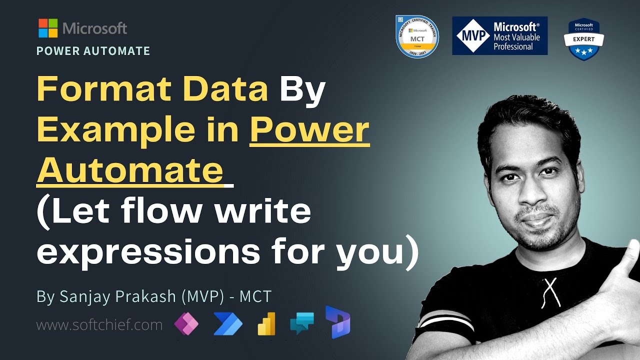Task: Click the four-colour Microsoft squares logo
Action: pyautogui.click(x=48, y=28)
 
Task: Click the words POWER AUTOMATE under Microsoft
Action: pyautogui.click(x=93, y=51)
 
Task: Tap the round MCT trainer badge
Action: pyautogui.click(x=417, y=36)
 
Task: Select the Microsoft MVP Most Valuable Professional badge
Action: pyautogui.click(x=499, y=36)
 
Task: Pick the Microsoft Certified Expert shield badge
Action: pyautogui.click(x=583, y=39)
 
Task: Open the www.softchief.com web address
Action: pyautogui.click(x=99, y=325)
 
